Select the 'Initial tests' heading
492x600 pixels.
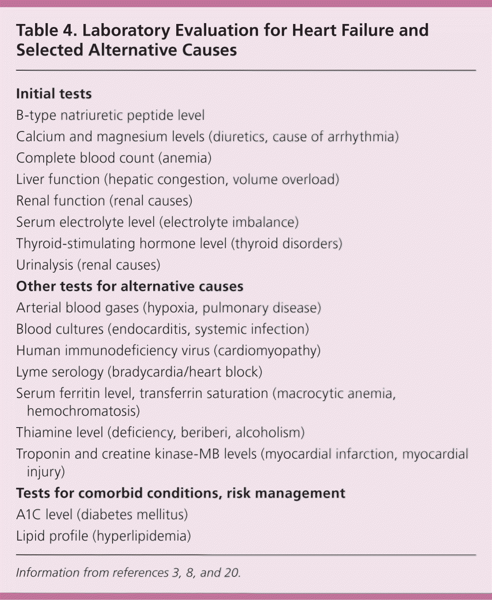coord(54,94)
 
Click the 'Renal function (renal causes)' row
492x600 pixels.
coord(104,201)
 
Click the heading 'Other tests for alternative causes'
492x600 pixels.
coord(130,286)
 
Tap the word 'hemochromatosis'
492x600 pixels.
coord(83,411)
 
